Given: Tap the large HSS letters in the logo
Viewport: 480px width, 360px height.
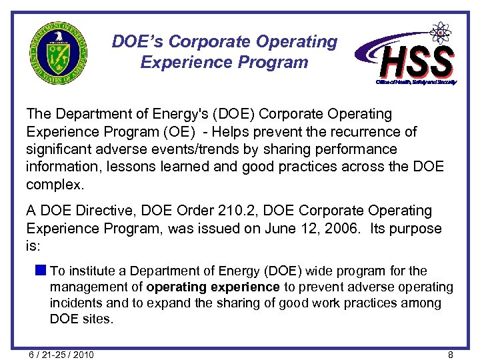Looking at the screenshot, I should pos(417,61).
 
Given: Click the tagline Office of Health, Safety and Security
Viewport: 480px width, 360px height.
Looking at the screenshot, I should pos(415,81).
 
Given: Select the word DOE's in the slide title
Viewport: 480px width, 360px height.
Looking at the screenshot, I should pos(138,41).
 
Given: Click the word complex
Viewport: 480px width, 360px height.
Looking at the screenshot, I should pos(55,183).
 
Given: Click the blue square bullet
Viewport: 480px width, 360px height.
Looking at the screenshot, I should pos(41,271).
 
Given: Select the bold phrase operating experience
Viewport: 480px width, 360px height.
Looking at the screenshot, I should pos(213,287).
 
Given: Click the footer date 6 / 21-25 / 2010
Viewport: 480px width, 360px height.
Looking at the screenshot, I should pos(61,355).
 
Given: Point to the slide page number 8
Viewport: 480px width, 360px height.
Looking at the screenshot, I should pos(451,355).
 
